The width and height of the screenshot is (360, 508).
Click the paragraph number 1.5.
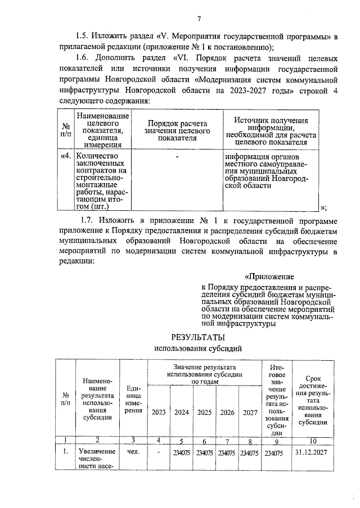[x=83, y=37]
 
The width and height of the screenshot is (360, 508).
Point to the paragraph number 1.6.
[x=83, y=58]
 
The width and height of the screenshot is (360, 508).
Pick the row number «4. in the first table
[x=66, y=157]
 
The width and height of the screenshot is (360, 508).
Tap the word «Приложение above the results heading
[x=269, y=276]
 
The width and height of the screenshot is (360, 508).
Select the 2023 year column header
[x=159, y=412]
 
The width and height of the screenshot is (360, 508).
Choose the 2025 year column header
[x=204, y=412]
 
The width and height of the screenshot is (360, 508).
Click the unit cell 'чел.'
[x=133, y=452]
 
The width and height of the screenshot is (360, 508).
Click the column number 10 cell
[x=312, y=441]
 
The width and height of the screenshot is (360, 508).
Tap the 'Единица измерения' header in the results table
[x=133, y=400]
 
